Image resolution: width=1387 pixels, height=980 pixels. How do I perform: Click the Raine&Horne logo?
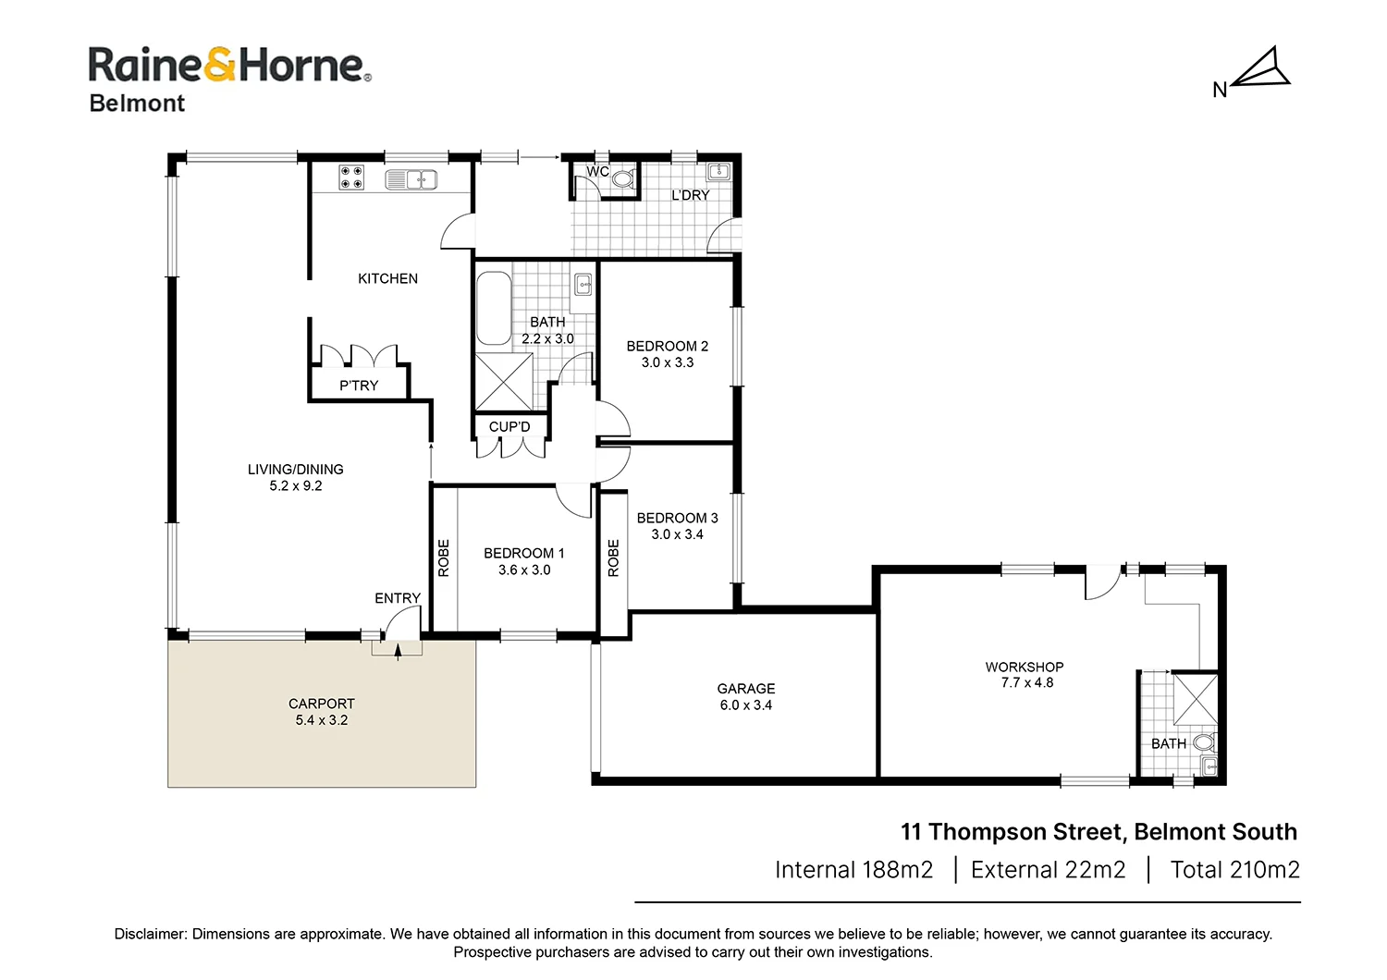(x=229, y=66)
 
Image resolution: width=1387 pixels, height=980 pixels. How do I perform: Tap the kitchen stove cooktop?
(x=350, y=177)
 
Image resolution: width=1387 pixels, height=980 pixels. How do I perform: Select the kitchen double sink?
(x=411, y=179)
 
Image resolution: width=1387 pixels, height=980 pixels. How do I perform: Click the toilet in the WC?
(x=622, y=178)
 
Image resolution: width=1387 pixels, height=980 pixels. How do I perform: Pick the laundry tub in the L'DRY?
(x=718, y=171)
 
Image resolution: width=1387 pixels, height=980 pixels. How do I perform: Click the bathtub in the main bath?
(x=493, y=308)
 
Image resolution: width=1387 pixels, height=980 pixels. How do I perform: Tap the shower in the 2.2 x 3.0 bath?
(x=503, y=381)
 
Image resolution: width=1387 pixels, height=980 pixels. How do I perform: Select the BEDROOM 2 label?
(x=667, y=346)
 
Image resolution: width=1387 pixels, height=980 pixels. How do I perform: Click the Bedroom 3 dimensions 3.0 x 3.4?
(x=677, y=534)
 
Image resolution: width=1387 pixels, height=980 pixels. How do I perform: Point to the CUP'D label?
(x=509, y=427)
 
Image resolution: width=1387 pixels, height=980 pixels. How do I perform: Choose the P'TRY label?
(x=359, y=386)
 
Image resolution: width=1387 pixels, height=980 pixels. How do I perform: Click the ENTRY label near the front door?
(x=398, y=598)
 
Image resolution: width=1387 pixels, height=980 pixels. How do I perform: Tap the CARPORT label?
(x=321, y=704)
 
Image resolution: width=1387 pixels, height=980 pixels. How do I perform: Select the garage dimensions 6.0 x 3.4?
(x=745, y=705)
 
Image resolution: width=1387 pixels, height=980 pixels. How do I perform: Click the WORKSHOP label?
(x=1024, y=667)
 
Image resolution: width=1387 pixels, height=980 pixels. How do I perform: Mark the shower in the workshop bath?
(x=1195, y=699)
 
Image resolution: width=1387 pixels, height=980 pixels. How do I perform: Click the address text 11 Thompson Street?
(x=1012, y=832)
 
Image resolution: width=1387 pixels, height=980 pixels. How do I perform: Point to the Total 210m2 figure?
(x=1234, y=870)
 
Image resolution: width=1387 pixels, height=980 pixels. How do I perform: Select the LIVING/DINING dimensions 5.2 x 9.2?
(x=296, y=486)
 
